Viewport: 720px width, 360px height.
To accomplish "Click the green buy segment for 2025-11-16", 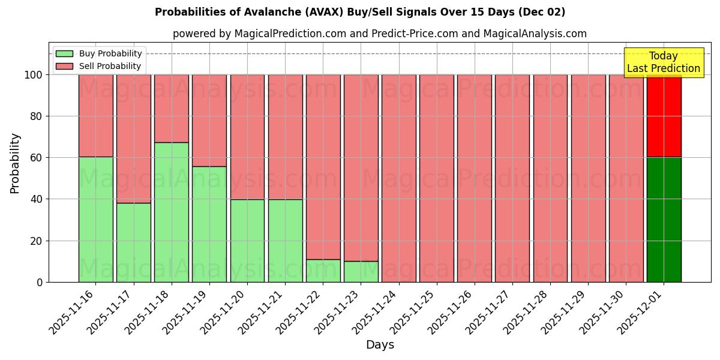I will click(x=96, y=219).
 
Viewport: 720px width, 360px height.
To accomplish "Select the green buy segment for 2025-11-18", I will click(x=172, y=212).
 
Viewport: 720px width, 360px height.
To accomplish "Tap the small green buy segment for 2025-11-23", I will click(x=361, y=271).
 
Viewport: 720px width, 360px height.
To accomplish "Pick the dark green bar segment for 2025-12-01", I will click(x=664, y=220).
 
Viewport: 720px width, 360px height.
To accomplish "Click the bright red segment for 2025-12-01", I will click(x=664, y=116).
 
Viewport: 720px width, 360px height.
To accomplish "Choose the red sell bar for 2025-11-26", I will click(x=475, y=178).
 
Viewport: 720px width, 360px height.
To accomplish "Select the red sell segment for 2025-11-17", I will click(x=134, y=139).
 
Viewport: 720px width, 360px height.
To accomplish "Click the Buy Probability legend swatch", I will click(x=64, y=53).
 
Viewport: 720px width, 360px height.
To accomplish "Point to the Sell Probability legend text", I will click(x=110, y=66).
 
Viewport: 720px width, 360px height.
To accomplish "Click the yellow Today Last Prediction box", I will click(x=664, y=62).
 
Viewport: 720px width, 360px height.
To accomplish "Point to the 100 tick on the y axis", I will click(x=34, y=75).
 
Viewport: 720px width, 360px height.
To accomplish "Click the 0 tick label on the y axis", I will click(x=40, y=282).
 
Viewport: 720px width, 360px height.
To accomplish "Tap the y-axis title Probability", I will click(x=15, y=163).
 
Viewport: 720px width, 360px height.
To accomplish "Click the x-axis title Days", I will click(x=380, y=345).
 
